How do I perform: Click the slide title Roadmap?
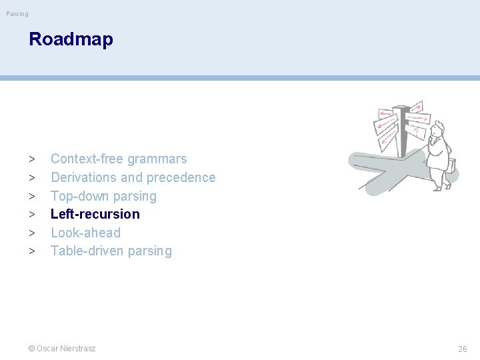[x=71, y=39]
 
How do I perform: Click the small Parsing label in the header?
[x=17, y=13]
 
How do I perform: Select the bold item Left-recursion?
[x=95, y=214]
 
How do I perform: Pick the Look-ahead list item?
[x=85, y=233]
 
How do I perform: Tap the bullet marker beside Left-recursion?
[x=32, y=215]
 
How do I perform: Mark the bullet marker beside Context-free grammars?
[x=32, y=159]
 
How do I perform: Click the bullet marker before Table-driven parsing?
[x=32, y=251]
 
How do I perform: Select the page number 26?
[x=462, y=349]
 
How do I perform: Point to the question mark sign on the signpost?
[x=416, y=131]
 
